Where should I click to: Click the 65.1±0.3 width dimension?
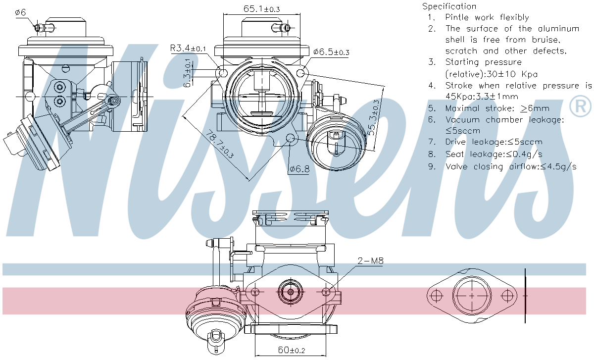click(x=262, y=9)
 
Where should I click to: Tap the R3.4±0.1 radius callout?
click(x=188, y=49)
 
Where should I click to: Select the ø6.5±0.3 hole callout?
click(x=331, y=52)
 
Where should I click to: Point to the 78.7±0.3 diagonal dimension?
click(x=220, y=144)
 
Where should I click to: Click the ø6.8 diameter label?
click(x=299, y=169)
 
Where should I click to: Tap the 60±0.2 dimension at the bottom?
click(x=292, y=350)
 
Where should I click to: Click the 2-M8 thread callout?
click(x=370, y=261)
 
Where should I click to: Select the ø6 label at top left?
click(x=20, y=12)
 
